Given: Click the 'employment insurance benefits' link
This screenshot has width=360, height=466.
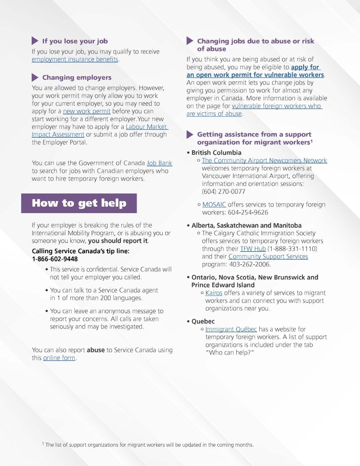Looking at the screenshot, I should click(75, 59).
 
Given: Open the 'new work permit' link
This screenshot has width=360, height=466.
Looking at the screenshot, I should click(87, 111).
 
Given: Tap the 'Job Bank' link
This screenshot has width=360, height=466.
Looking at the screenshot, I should click(159, 163).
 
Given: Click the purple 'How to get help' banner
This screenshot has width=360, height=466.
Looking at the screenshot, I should click(79, 203).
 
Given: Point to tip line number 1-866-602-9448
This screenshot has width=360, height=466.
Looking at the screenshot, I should click(55, 259).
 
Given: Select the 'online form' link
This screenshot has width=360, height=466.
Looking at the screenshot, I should click(59, 358).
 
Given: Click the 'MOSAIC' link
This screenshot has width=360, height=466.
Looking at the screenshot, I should click(214, 205).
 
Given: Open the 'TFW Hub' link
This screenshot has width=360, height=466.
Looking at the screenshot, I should click(253, 249).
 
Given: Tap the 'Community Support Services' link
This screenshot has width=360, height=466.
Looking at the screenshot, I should click(268, 257).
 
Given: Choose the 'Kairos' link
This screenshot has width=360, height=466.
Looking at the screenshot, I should click(214, 293).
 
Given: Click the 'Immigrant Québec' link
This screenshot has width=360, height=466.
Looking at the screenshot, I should click(231, 329).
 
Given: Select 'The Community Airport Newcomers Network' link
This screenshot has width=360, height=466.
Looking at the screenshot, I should click(264, 160).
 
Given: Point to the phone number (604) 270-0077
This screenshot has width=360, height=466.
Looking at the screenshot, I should click(223, 192).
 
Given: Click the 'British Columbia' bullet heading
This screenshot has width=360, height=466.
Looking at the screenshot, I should click(216, 153).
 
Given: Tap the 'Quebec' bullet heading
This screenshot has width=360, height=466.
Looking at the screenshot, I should click(203, 322).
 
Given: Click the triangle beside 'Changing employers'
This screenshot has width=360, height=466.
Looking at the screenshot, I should click(35, 78).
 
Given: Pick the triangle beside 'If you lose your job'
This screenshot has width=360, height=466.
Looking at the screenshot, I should click(35, 41).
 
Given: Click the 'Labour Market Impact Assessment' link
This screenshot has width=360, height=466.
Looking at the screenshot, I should click(147, 127).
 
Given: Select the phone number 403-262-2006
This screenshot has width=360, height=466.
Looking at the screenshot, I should click(249, 265).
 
